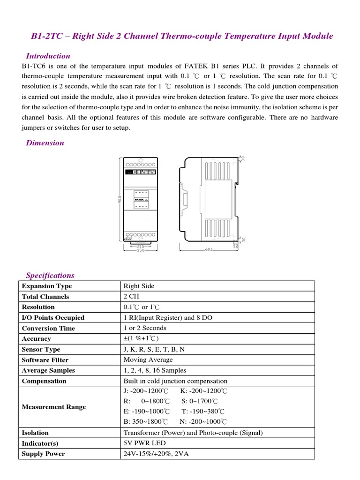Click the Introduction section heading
click(48, 56)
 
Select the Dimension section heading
click(45, 143)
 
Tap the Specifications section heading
click(50, 275)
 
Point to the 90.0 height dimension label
click(120, 199)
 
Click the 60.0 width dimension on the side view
click(209, 249)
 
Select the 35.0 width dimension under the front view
click(140, 250)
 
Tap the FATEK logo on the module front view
click(139, 199)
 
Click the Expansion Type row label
click(47, 286)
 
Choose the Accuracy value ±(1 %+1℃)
click(141, 338)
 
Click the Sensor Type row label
click(41, 349)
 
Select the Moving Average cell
click(148, 360)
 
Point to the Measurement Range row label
click(54, 407)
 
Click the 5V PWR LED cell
click(144, 443)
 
